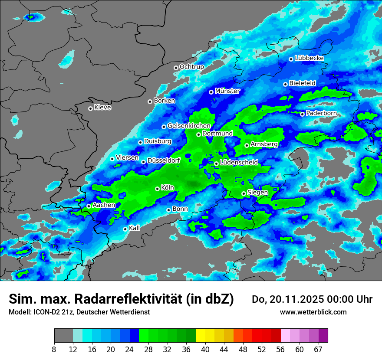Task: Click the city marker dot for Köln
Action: (157, 189)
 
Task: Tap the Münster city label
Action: (227, 91)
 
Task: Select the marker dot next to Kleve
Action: (90, 108)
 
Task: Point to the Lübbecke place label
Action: (309, 58)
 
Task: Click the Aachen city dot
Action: (89, 206)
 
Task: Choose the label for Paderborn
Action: (321, 113)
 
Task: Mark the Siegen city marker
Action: (244, 193)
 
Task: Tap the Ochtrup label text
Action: (191, 67)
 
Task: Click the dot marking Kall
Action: (125, 229)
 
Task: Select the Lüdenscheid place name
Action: (239, 162)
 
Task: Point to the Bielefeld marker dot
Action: (285, 84)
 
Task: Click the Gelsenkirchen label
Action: (189, 126)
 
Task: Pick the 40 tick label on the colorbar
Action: (205, 350)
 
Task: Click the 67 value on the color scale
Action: (318, 350)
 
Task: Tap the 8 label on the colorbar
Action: (54, 350)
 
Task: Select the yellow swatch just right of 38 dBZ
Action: (200, 336)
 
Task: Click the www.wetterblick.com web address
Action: (313, 312)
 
